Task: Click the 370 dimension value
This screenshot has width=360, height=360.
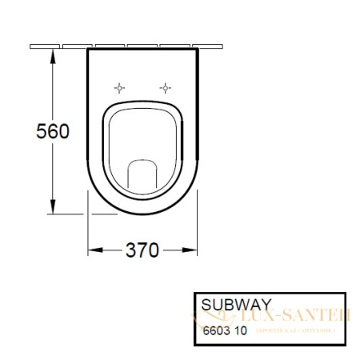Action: coord(142,250)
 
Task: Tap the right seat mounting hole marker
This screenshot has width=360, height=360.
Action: coord(166,87)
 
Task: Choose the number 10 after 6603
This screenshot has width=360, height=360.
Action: coord(241,329)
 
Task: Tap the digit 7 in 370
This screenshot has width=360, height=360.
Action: coord(142,250)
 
